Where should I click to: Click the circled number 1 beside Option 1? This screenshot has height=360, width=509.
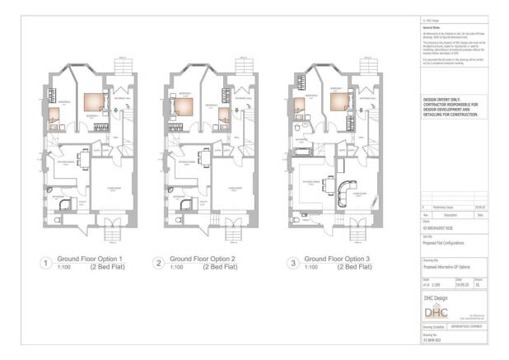[x=48, y=264]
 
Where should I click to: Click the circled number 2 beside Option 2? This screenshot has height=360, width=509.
[x=159, y=264]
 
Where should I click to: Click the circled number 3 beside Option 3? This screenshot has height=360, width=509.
[x=292, y=264]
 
